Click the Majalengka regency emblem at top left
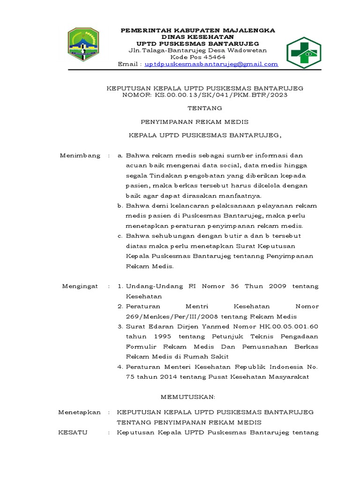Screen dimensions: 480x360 [x=83, y=45]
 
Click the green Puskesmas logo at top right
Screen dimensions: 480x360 [x=304, y=52]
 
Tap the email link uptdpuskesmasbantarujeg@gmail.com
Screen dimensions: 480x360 [x=211, y=64]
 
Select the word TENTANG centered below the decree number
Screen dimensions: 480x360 [x=198, y=108]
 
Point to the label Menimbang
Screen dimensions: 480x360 [x=80, y=156]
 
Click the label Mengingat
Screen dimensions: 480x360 [x=80, y=286]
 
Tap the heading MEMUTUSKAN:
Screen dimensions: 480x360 [x=188, y=397]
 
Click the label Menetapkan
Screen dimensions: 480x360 [x=79, y=412]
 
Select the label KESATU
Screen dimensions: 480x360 [x=73, y=433]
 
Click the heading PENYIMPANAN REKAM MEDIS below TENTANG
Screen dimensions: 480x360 [x=195, y=122]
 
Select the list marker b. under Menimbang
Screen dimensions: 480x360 [x=120, y=206]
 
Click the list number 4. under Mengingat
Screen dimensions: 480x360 [x=120, y=367]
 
